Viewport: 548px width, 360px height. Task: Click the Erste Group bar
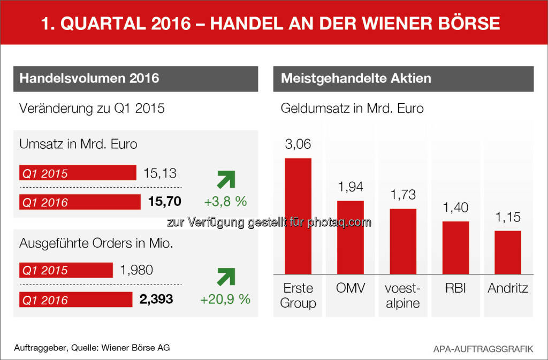pos(298,216)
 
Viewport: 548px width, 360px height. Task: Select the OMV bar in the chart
pos(350,238)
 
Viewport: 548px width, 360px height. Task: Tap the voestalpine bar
pos(403,241)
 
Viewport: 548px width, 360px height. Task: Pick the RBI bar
pos(455,248)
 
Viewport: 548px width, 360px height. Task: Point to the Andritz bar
pos(508,252)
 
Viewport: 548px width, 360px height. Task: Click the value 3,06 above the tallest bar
pos(298,144)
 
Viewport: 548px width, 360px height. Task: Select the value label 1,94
pos(350,187)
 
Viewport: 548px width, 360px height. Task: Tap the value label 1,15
pos(508,218)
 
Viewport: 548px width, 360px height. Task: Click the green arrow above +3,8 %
pos(225,180)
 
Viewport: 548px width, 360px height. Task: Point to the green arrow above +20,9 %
pos(225,277)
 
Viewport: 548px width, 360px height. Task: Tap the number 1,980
pos(138,270)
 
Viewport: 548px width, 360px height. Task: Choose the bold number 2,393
pos(156,300)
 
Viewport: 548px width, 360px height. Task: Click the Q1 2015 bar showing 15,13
pos(78,173)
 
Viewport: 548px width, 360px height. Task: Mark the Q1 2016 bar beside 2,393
pos(75,300)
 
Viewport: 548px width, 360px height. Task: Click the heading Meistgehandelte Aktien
pos(356,78)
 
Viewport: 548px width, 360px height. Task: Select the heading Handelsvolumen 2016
pos(89,78)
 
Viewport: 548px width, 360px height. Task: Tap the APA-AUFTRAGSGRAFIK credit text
pos(483,349)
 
